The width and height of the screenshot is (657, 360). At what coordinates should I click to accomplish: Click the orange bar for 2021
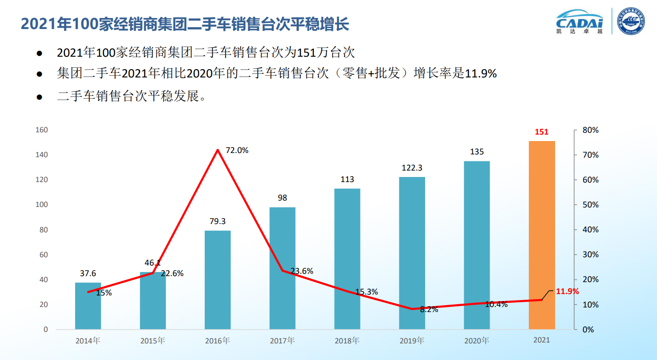coord(542,235)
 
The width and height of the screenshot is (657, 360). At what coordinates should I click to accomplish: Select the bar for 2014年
coord(88,306)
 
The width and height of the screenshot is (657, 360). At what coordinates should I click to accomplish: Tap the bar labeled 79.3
coord(218,280)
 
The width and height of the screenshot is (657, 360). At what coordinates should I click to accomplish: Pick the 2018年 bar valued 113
coord(347,259)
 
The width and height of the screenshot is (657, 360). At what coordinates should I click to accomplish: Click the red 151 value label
coord(542,132)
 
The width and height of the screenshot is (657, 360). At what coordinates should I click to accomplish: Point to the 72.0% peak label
coord(237,150)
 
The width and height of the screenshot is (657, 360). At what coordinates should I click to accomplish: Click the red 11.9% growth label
coord(567,291)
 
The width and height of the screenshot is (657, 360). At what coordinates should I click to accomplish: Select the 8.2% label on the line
coord(429,310)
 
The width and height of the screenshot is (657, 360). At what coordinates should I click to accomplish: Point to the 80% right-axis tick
coord(591,130)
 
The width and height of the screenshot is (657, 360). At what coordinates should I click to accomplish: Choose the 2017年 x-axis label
coord(282,341)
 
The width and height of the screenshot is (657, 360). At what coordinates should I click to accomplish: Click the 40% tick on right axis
coord(591,230)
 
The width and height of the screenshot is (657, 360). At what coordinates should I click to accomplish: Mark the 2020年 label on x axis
coord(477,341)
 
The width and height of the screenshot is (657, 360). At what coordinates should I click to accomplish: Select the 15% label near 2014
coord(104,293)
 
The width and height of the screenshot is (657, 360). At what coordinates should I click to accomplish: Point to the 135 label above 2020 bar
coord(477,152)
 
